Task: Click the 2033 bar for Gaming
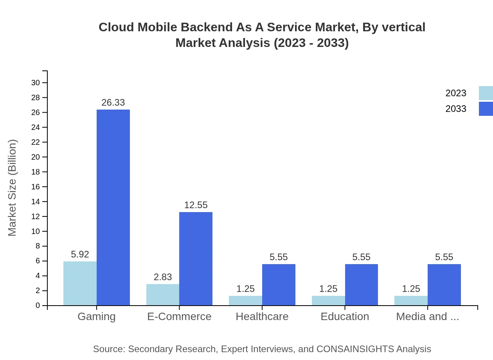[x=113, y=207]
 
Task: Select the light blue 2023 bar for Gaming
[x=80, y=283]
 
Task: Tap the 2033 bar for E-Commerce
[x=196, y=259]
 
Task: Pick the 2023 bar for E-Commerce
[x=163, y=295]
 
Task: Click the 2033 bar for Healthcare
[x=279, y=284]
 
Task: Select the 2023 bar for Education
[x=328, y=301]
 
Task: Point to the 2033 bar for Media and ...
[x=444, y=284]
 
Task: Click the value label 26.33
[x=113, y=103]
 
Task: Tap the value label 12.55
[x=196, y=205]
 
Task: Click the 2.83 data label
[x=163, y=277]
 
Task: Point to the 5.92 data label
[x=80, y=254]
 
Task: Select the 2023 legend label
[x=456, y=93]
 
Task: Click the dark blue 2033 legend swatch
[x=486, y=109]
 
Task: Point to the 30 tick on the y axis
[x=36, y=83]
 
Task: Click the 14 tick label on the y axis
[x=36, y=202]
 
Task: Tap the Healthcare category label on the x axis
[x=262, y=317]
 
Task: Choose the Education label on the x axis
[x=345, y=317]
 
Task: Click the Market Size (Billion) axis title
[x=13, y=188]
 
